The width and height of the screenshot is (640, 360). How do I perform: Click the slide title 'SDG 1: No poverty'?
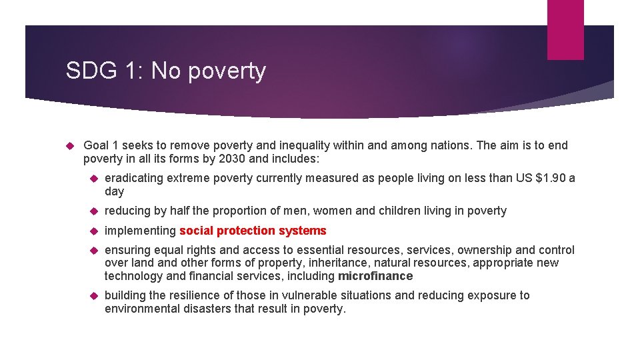(165, 71)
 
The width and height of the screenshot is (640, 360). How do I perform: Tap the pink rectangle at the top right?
(565, 29)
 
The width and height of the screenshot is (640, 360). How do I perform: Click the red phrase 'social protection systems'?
(253, 231)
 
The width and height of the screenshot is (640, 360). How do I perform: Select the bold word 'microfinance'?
(375, 276)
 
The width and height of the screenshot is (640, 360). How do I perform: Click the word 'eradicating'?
(134, 178)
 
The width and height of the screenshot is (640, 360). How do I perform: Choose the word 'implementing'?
(140, 231)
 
